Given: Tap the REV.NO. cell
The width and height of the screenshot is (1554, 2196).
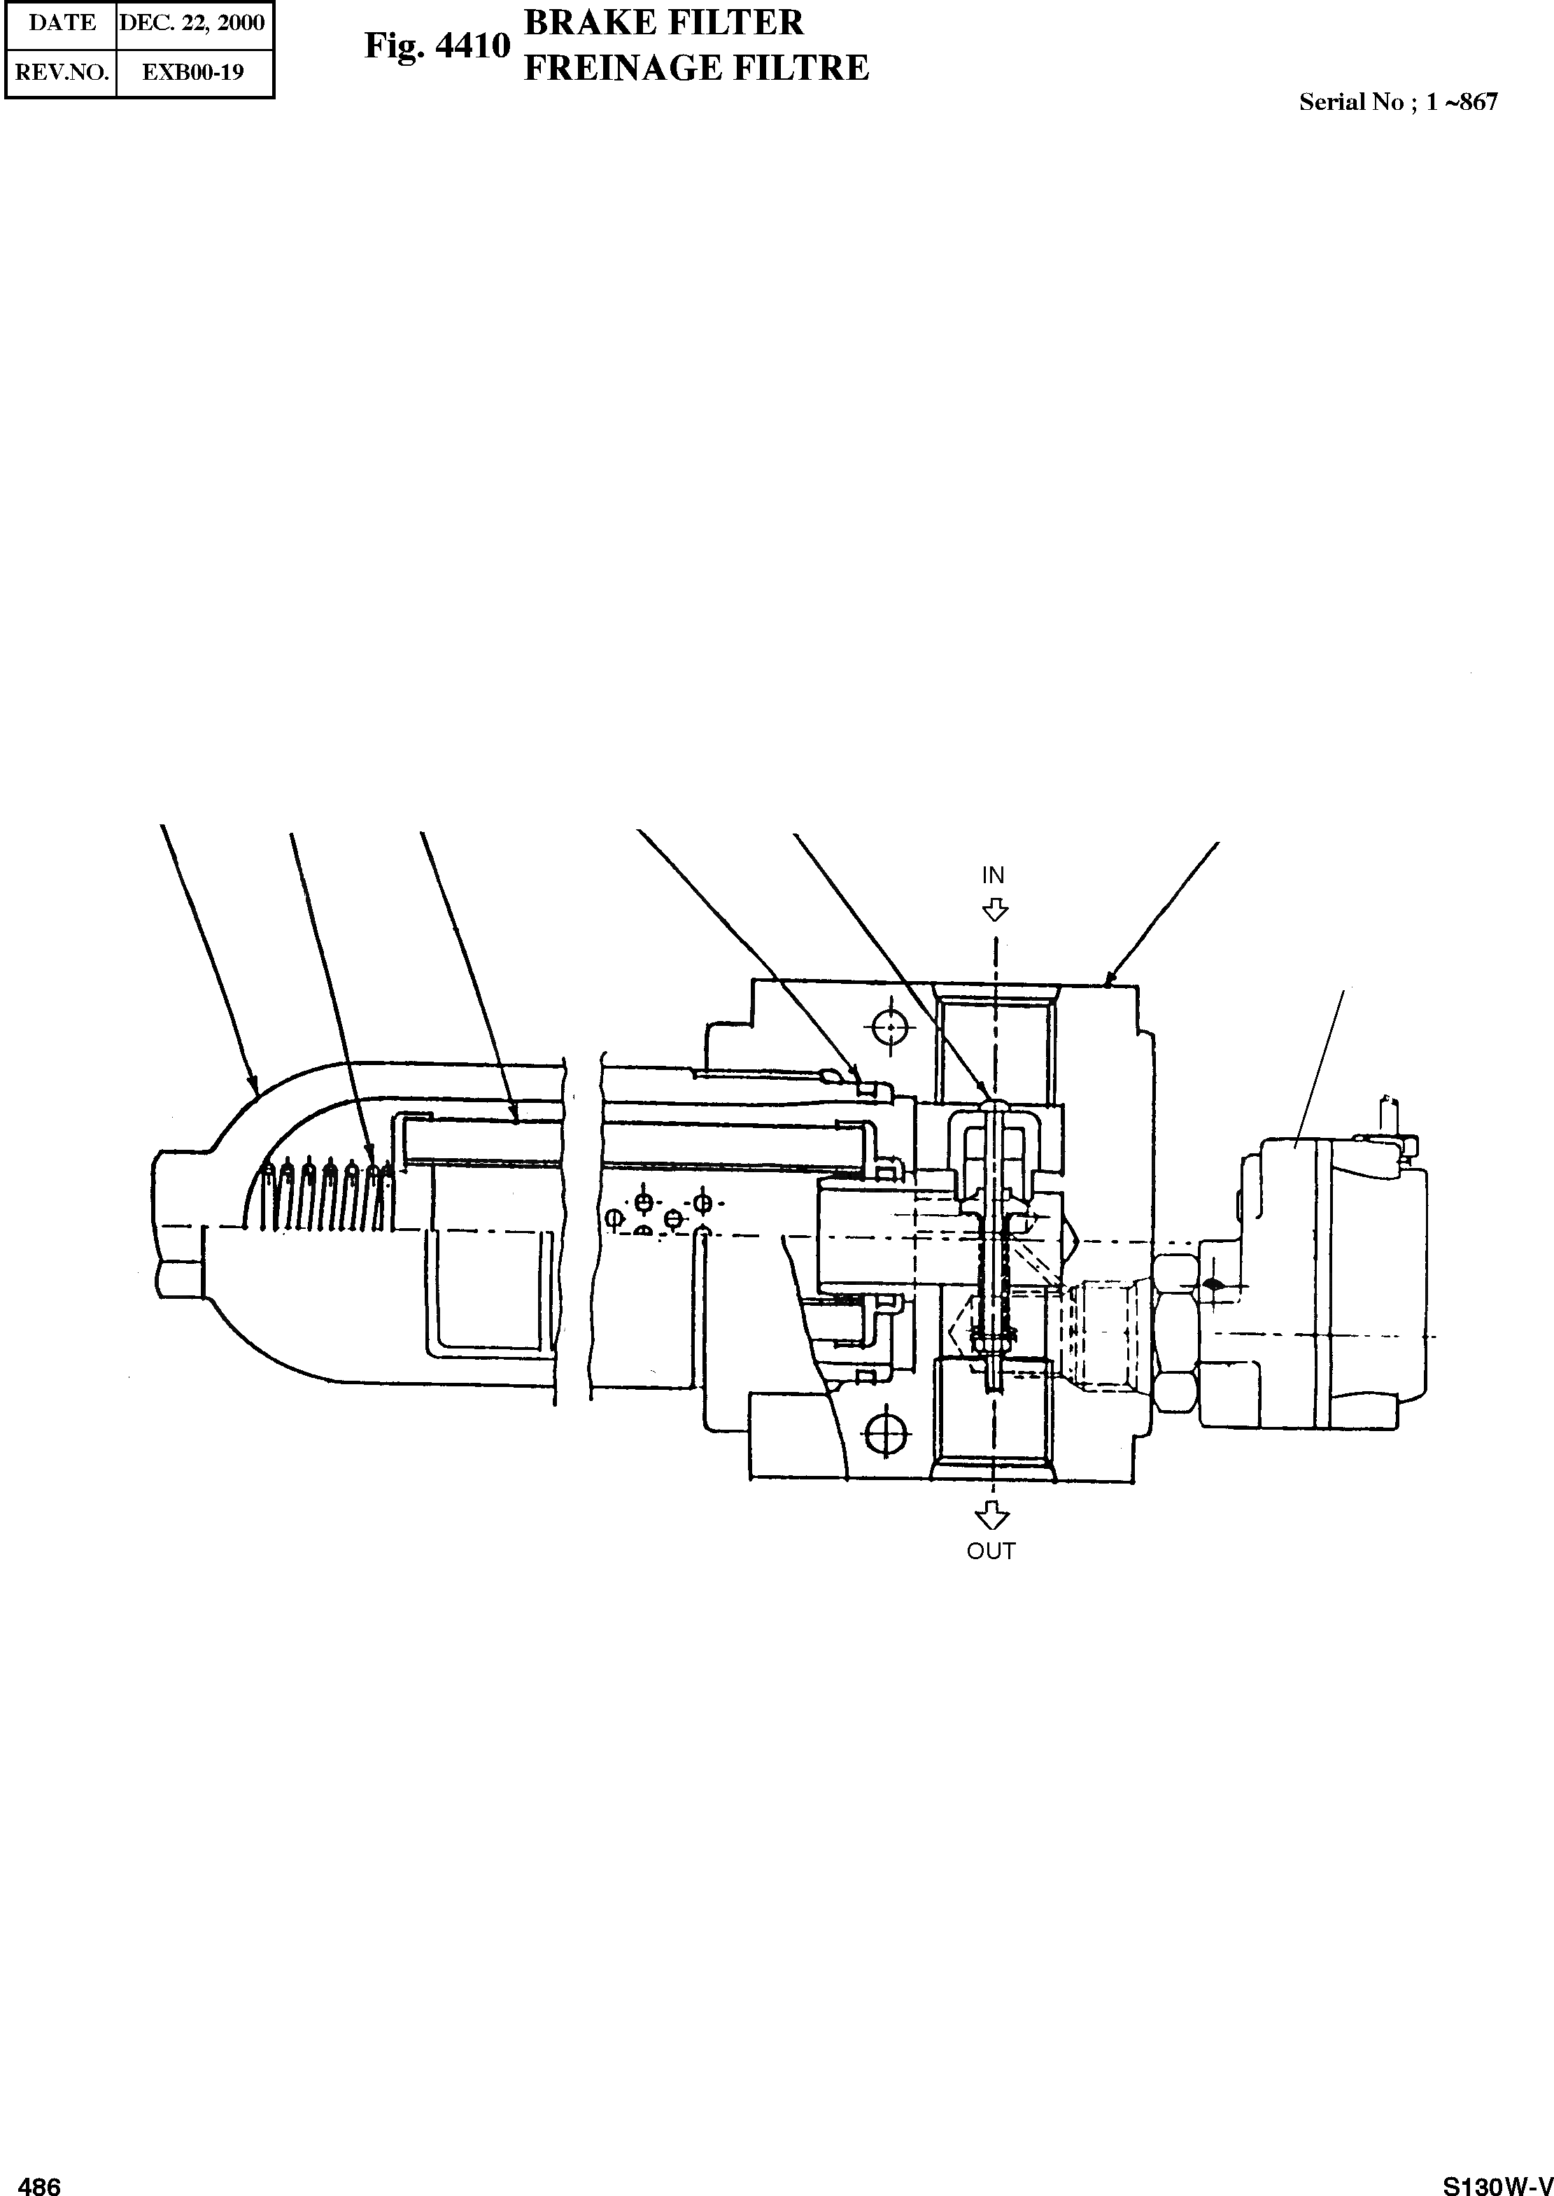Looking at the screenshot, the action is tap(62, 72).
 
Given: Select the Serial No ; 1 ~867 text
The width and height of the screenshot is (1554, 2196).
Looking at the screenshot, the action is tap(1398, 102).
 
